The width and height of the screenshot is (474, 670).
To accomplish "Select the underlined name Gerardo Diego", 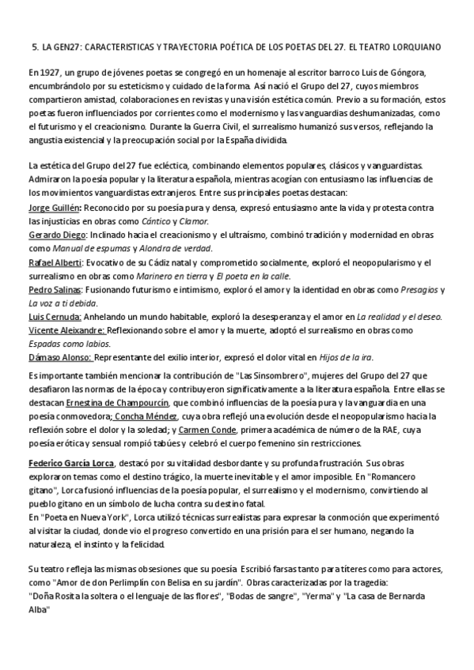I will [x=55, y=235].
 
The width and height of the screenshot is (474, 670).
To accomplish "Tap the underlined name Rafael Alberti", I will [x=53, y=262].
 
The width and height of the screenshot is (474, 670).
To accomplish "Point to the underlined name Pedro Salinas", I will [x=52, y=290].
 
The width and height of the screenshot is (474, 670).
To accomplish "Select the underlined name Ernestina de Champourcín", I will [x=123, y=401].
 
